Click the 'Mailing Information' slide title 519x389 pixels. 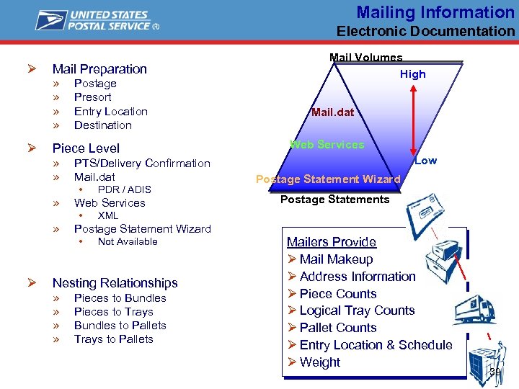435,12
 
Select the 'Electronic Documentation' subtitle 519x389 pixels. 425,31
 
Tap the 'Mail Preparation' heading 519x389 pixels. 99,69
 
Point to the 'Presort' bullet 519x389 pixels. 93,97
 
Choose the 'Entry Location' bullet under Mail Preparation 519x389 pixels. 111,112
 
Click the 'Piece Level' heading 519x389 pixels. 86,148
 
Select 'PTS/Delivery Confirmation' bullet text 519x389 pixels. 142,164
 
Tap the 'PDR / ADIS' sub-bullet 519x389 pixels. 125,189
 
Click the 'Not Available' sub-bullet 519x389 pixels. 128,241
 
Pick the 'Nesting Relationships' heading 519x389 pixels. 115,283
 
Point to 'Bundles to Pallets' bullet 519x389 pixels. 120,326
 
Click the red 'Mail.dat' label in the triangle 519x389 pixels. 332,112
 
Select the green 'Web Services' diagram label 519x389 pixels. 327,145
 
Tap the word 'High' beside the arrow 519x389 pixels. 413,74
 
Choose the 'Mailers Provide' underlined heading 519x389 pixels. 331,242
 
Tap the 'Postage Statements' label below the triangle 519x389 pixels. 334,200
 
